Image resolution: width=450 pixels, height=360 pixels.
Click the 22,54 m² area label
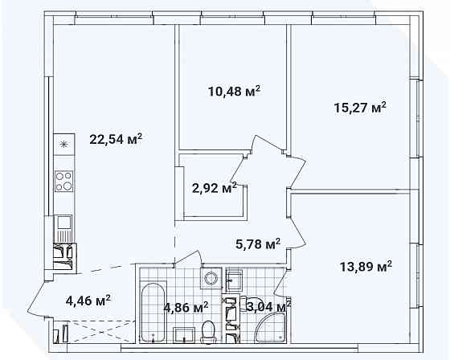[x=116, y=139]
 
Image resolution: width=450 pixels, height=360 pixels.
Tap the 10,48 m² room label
[x=234, y=92]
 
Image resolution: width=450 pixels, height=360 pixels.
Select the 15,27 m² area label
[x=360, y=108]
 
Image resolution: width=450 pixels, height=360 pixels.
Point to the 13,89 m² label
[x=366, y=267]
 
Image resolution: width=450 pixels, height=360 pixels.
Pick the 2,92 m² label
[x=214, y=188]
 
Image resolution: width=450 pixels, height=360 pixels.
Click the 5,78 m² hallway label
[x=258, y=244]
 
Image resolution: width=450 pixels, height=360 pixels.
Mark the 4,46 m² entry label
[x=88, y=301]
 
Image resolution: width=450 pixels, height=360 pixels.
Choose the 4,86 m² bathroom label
[x=186, y=308]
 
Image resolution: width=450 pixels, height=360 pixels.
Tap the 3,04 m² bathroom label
[x=268, y=307]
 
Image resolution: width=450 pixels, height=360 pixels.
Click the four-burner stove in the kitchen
[x=64, y=181]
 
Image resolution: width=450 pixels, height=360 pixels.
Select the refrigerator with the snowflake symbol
[x=64, y=144]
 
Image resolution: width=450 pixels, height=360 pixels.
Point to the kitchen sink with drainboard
[x=64, y=229]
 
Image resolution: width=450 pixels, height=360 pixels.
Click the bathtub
[x=153, y=313]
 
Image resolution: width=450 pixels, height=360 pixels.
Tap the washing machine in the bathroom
[x=211, y=277]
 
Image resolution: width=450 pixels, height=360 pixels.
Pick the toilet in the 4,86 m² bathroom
[x=208, y=332]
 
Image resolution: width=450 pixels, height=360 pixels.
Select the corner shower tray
[x=271, y=328]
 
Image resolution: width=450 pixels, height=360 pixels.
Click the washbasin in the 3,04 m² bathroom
[x=234, y=280]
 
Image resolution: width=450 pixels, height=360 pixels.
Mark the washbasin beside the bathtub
[x=184, y=335]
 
